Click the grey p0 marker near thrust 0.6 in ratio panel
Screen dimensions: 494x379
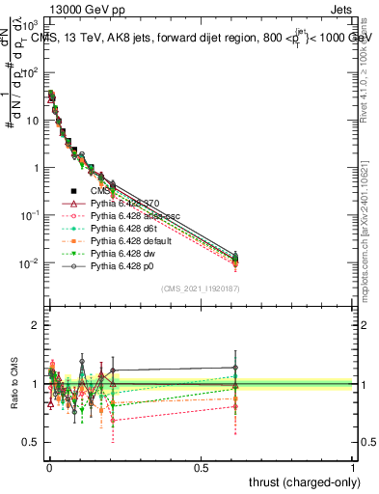tap(234, 368)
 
